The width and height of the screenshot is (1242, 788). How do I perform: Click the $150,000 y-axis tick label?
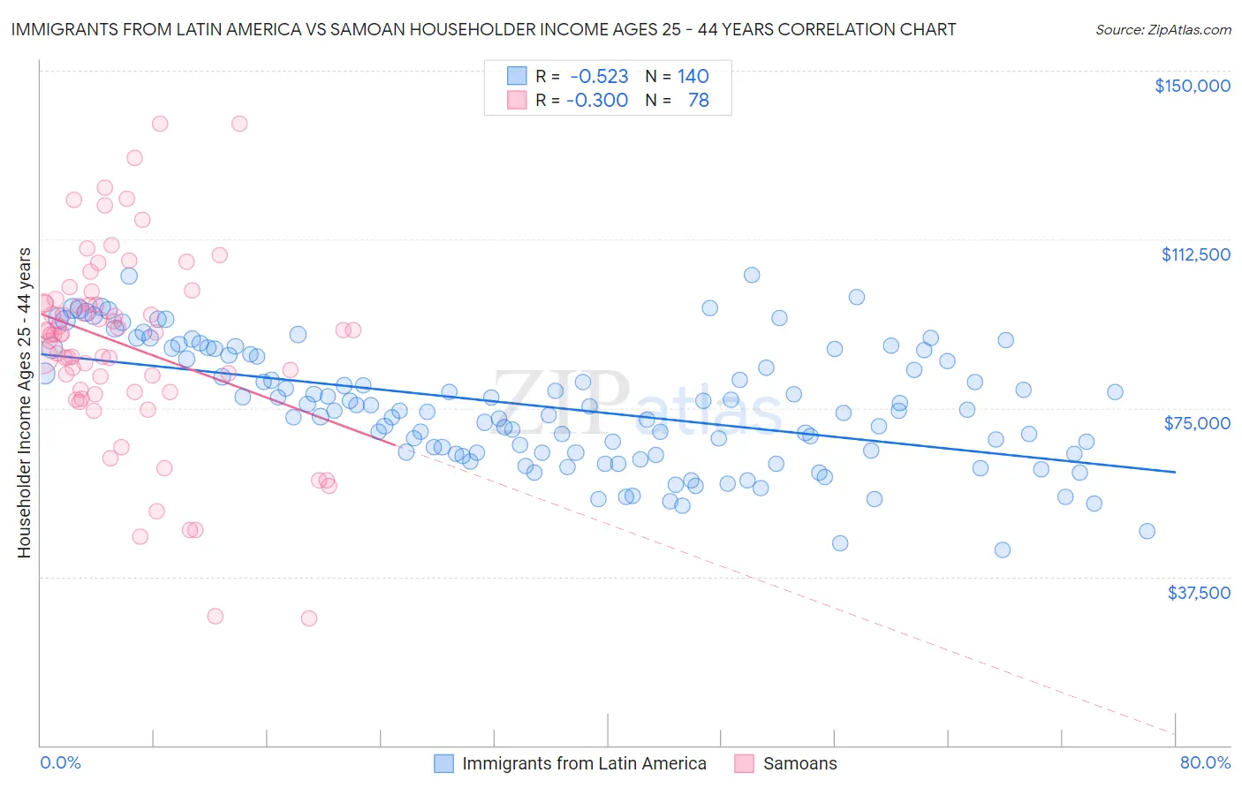click(x=1192, y=86)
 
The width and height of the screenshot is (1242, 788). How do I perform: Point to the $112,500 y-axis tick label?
click(x=1195, y=254)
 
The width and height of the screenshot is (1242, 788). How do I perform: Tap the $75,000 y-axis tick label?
click(x=1197, y=423)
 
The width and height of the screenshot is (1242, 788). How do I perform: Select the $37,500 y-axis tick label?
click(x=1199, y=593)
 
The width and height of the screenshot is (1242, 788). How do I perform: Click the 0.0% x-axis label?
click(x=60, y=762)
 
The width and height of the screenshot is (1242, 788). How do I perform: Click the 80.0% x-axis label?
click(x=1205, y=762)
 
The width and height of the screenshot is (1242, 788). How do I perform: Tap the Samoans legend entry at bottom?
click(x=799, y=763)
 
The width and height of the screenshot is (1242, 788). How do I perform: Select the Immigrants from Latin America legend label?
click(x=584, y=763)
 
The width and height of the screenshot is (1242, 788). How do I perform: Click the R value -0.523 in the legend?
click(x=599, y=76)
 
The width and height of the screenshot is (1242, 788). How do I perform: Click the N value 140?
click(x=693, y=76)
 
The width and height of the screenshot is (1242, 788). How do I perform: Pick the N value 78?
click(x=698, y=100)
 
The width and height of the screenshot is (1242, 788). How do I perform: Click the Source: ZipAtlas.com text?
click(x=1162, y=29)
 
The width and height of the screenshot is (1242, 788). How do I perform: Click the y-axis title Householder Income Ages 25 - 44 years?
click(x=24, y=403)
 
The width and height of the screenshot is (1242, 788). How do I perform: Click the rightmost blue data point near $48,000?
click(x=1147, y=531)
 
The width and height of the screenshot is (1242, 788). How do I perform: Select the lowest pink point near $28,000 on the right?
click(x=309, y=618)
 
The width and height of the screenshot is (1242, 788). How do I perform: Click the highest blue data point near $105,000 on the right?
click(x=752, y=275)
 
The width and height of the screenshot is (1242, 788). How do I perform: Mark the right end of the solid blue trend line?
click(x=1175, y=472)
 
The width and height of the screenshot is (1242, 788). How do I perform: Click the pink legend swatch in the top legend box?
click(x=517, y=100)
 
